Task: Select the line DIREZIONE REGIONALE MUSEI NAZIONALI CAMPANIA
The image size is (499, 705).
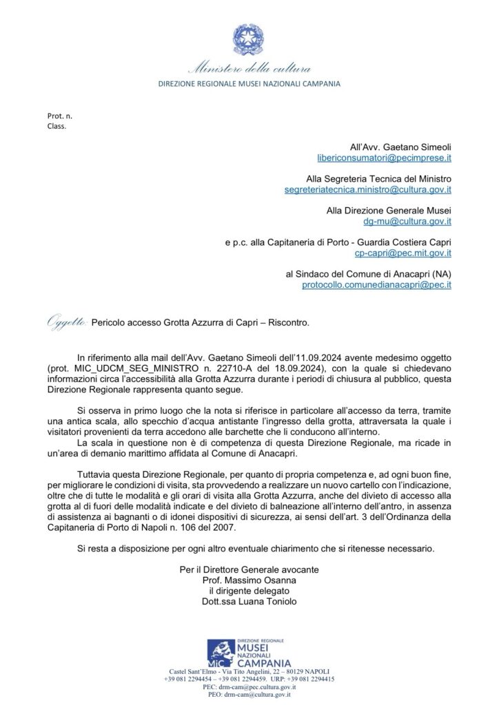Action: pos(250,84)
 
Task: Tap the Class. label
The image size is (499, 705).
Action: pos(57,125)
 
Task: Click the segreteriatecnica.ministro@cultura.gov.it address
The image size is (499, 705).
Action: pos(368,189)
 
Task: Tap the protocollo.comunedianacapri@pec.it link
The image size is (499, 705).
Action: pos(376,284)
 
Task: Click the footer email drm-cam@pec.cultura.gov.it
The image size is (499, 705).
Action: pos(250,687)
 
